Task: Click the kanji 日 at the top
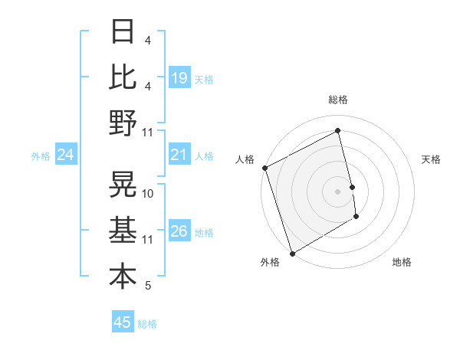pyautogui.click(x=123, y=32)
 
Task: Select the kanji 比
pyautogui.click(x=123, y=77)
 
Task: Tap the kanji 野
pyautogui.click(x=123, y=123)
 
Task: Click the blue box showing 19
pyautogui.click(x=179, y=77)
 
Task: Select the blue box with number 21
pyautogui.click(x=179, y=155)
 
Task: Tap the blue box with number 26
pyautogui.click(x=179, y=231)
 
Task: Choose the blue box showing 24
pyautogui.click(x=65, y=155)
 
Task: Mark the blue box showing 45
pyautogui.click(x=123, y=322)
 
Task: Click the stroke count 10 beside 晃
pyautogui.click(x=148, y=194)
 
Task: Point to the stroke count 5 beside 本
pyautogui.click(x=148, y=286)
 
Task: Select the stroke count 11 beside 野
pyautogui.click(x=148, y=132)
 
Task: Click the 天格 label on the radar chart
pyautogui.click(x=432, y=159)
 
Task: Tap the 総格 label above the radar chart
pyautogui.click(x=337, y=100)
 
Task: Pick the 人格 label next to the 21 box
pyautogui.click(x=204, y=156)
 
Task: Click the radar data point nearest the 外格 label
pyautogui.click(x=292, y=253)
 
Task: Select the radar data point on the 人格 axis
pyautogui.click(x=264, y=168)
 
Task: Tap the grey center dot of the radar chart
pyautogui.click(x=337, y=191)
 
